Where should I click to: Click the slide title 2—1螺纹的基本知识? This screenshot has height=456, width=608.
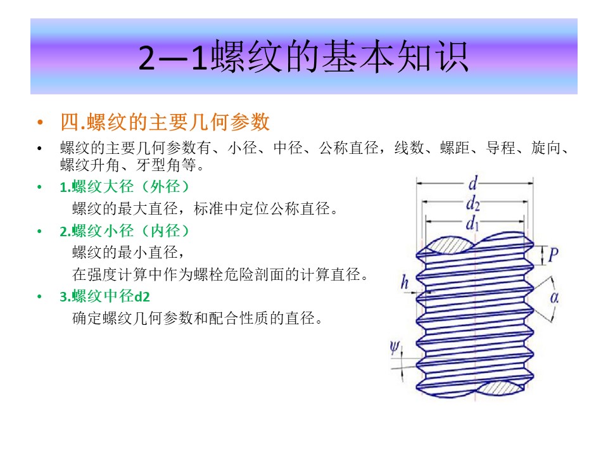coord(303,56)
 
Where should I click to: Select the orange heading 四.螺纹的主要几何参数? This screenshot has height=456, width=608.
coord(165,122)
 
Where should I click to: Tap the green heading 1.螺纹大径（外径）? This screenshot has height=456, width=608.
coord(125,187)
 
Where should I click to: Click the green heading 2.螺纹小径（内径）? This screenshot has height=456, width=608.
coord(125,231)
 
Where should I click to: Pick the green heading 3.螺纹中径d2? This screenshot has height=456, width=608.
coord(104,296)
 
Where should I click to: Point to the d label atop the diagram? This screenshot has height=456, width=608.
coord(473,183)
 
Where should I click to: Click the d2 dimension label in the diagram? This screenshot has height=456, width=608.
coord(473,203)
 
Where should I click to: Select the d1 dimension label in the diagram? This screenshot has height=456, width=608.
coord(472,224)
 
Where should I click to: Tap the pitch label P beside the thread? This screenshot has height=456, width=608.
coord(554,255)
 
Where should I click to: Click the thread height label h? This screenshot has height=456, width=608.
coord(405,282)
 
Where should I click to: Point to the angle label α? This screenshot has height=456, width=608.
coord(555,298)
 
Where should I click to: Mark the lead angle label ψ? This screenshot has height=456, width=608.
coord(395,347)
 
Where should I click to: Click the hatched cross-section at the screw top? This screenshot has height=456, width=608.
coord(450,246)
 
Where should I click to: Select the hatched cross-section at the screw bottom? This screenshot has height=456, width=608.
coord(500,388)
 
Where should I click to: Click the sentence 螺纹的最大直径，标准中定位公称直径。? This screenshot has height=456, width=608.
coord(205,209)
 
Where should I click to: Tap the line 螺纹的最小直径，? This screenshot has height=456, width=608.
coord(129,253)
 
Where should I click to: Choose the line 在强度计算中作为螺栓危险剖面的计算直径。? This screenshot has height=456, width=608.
coord(220,274)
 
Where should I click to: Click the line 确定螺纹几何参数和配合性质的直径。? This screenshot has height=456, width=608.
coord(198,319)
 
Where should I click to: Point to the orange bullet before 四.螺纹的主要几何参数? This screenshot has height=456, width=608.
coord(40,122)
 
